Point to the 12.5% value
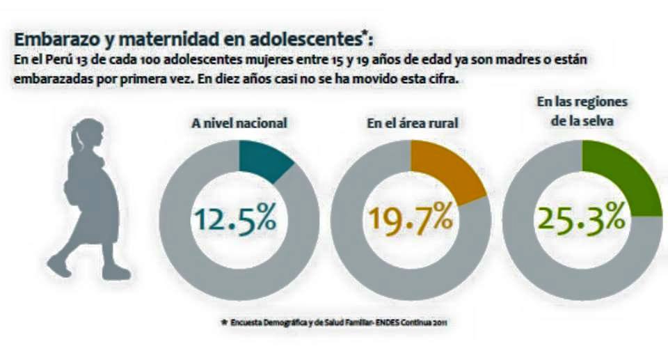click(235, 219)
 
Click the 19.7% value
click(411, 219)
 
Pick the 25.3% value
click(582, 219)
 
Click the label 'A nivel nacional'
click(239, 123)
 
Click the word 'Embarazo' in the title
click(50, 38)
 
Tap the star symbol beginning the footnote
click(223, 322)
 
